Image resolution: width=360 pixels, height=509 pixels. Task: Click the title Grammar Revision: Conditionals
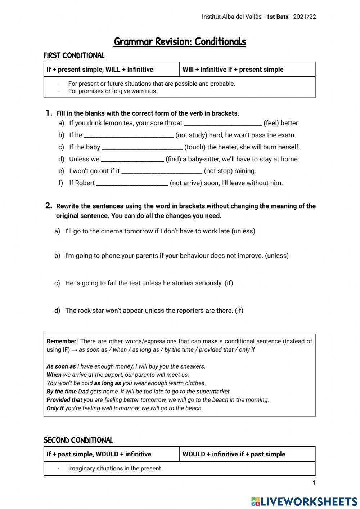pyautogui.click(x=180, y=42)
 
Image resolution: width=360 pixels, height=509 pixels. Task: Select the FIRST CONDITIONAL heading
pyautogui.click(x=74, y=55)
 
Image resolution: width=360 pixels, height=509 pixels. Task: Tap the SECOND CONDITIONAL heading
pyautogui.click(x=78, y=440)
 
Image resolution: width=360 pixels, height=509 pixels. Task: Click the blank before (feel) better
pyautogui.click(x=222, y=123)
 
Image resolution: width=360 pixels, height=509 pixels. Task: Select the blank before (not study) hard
pyautogui.click(x=129, y=135)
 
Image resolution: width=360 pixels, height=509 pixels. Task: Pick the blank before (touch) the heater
pyautogui.click(x=142, y=147)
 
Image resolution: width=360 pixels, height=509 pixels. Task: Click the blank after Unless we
pyautogui.click(x=132, y=159)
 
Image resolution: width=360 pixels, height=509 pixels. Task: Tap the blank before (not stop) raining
pyautogui.click(x=162, y=171)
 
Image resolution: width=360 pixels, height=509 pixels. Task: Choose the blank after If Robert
pyautogui.click(x=132, y=183)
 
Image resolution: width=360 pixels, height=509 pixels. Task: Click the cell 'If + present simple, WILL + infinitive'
pyautogui.click(x=100, y=70)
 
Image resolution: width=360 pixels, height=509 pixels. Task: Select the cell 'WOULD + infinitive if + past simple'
pyautogui.click(x=234, y=454)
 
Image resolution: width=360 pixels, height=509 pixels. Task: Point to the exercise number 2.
pyautogui.click(x=49, y=206)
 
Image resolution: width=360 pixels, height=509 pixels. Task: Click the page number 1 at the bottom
pyautogui.click(x=314, y=483)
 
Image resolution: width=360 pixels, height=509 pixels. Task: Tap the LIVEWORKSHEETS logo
pyautogui.click(x=304, y=501)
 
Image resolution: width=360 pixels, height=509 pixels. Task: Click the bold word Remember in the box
pyautogui.click(x=61, y=341)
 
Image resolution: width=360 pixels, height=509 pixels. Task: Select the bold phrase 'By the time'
pyautogui.click(x=62, y=392)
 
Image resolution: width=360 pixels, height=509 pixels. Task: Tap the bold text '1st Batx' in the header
pyautogui.click(x=277, y=17)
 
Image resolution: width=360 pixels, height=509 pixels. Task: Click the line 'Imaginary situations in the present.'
pyautogui.click(x=115, y=469)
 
